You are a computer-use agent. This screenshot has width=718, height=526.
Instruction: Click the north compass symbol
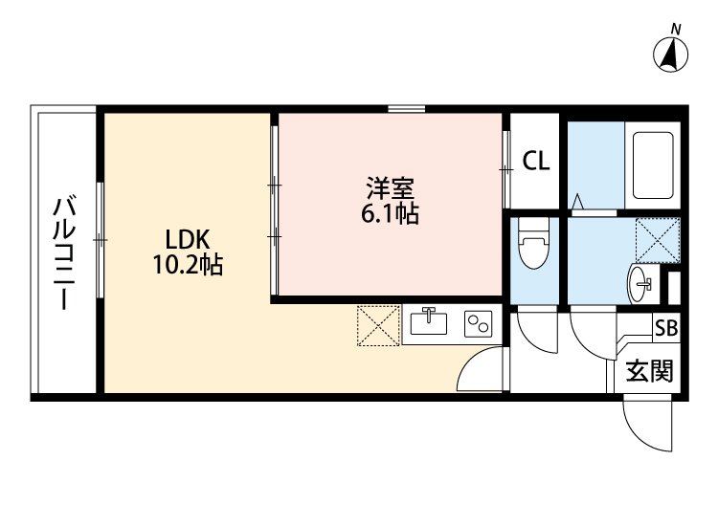(x=674, y=53)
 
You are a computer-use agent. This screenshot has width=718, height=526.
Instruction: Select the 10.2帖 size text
(x=187, y=266)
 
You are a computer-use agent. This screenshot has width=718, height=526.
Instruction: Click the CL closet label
(x=535, y=162)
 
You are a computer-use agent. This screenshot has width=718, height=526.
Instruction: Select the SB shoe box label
(x=665, y=327)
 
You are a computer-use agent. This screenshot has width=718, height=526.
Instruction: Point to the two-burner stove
(x=477, y=324)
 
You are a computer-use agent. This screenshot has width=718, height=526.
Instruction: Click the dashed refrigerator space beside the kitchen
(x=378, y=325)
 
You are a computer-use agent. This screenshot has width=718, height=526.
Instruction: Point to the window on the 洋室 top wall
(x=407, y=108)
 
